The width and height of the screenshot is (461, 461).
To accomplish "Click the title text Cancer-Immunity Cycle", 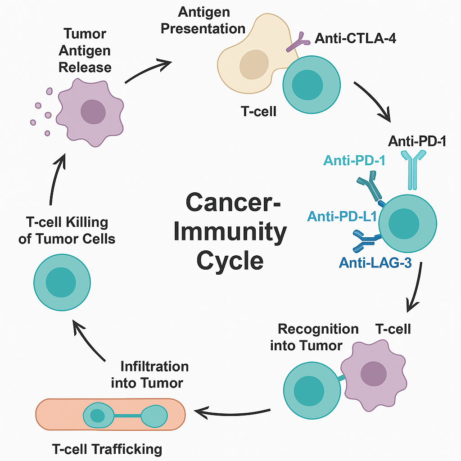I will (230, 231).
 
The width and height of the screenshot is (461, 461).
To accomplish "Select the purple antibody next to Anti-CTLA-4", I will (297, 43).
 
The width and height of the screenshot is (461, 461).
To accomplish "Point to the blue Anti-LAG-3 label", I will (376, 263).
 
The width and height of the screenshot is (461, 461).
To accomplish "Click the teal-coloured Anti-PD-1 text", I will (354, 160).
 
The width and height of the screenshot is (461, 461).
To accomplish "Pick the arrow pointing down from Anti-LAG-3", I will (416, 288).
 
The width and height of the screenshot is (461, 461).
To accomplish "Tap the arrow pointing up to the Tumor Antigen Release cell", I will (56, 180).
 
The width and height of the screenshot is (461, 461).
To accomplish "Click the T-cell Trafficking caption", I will (107, 449).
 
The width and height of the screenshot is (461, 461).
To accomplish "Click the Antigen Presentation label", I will (203, 20).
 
